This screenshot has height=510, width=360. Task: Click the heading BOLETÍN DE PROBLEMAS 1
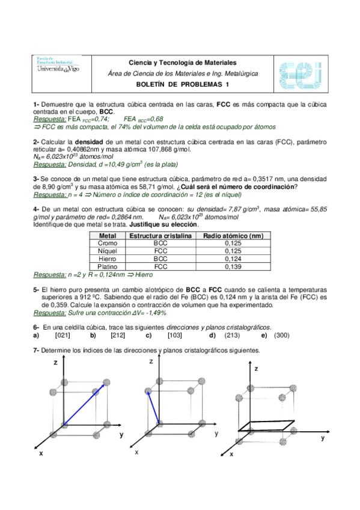[x=183, y=85]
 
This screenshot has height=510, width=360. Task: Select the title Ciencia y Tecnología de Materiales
[x=183, y=63]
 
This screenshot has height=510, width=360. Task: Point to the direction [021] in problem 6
[x=63, y=336]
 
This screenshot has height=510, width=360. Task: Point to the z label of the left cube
[x=55, y=363]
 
